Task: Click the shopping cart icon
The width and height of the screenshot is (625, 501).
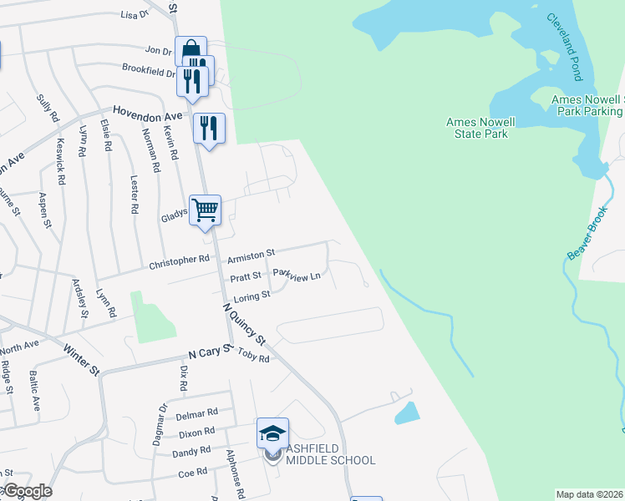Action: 205,209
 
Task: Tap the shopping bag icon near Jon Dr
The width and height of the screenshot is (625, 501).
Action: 191,51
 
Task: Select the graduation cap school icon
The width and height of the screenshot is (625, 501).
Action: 272,432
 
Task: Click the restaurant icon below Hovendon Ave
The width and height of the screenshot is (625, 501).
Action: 209,128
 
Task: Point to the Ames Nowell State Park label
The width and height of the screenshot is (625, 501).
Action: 480,127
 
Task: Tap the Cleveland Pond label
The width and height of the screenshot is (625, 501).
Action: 564,47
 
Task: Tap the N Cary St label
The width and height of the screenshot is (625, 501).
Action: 209,353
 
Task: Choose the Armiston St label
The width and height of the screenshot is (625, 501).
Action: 250,253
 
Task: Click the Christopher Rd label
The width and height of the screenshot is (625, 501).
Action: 179,261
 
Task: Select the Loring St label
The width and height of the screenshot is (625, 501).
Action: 252,295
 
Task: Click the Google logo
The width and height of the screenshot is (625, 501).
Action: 27,491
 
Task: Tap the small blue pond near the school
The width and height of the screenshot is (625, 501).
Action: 406,412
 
